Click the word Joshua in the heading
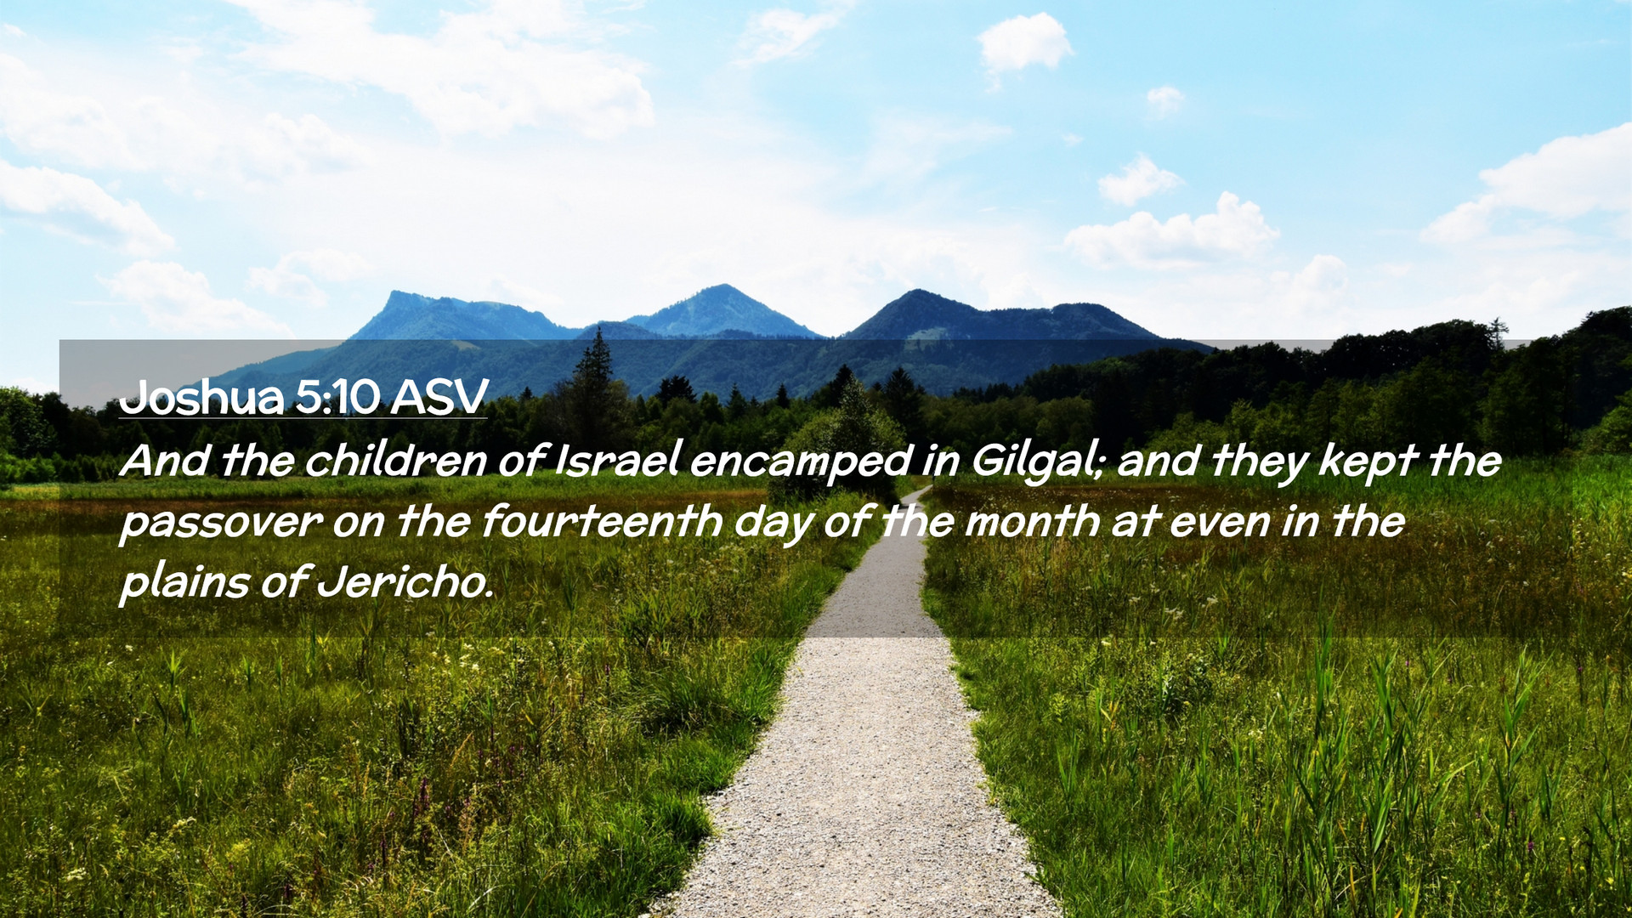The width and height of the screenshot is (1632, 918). [x=201, y=396]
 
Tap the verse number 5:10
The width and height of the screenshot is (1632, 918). [x=337, y=396]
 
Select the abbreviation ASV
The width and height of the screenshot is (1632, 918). [x=439, y=396]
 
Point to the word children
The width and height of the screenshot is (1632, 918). [x=395, y=460]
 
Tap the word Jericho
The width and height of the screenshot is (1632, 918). [x=405, y=581]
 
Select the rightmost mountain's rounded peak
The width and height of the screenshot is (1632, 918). [x=917, y=292]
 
